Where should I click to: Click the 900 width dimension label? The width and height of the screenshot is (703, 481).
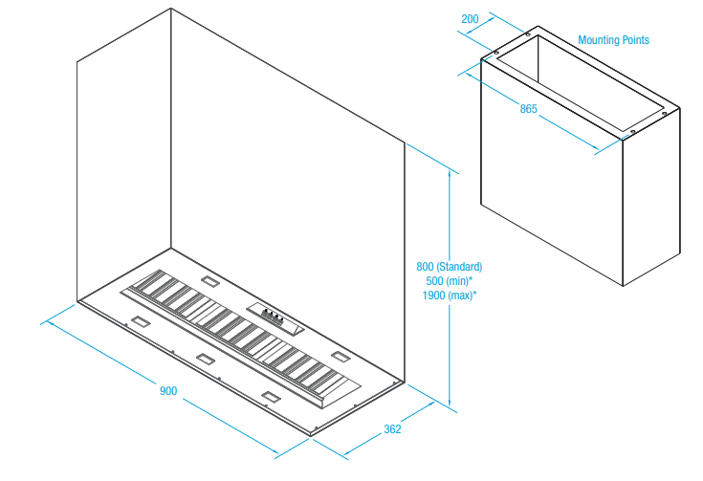point(168,390)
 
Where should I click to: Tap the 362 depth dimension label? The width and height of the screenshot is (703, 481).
point(392,429)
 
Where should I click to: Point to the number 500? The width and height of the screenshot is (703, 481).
point(436,281)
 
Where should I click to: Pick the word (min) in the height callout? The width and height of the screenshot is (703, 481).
point(461,281)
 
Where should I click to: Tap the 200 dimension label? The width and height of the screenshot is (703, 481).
point(470,19)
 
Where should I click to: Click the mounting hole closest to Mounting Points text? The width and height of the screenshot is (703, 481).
point(528,34)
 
